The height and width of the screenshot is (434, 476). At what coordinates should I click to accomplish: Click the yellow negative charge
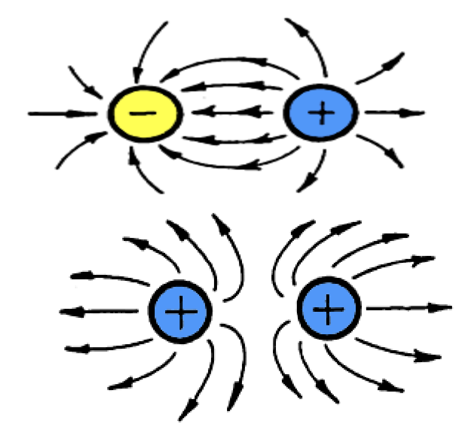145,113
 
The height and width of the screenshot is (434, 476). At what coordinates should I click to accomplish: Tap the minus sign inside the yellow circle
144,113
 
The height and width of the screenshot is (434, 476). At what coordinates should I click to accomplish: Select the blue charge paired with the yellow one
321,113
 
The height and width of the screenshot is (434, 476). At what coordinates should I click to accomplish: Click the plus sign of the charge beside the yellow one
321,113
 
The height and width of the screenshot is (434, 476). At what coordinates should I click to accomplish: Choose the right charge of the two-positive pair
328,309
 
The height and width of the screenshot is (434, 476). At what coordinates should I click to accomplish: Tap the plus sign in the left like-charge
181,311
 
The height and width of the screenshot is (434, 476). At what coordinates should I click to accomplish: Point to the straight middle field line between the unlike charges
232,113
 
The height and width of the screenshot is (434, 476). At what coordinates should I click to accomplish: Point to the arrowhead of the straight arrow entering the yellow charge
90,114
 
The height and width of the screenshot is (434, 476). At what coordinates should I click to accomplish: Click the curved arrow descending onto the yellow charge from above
145,50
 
